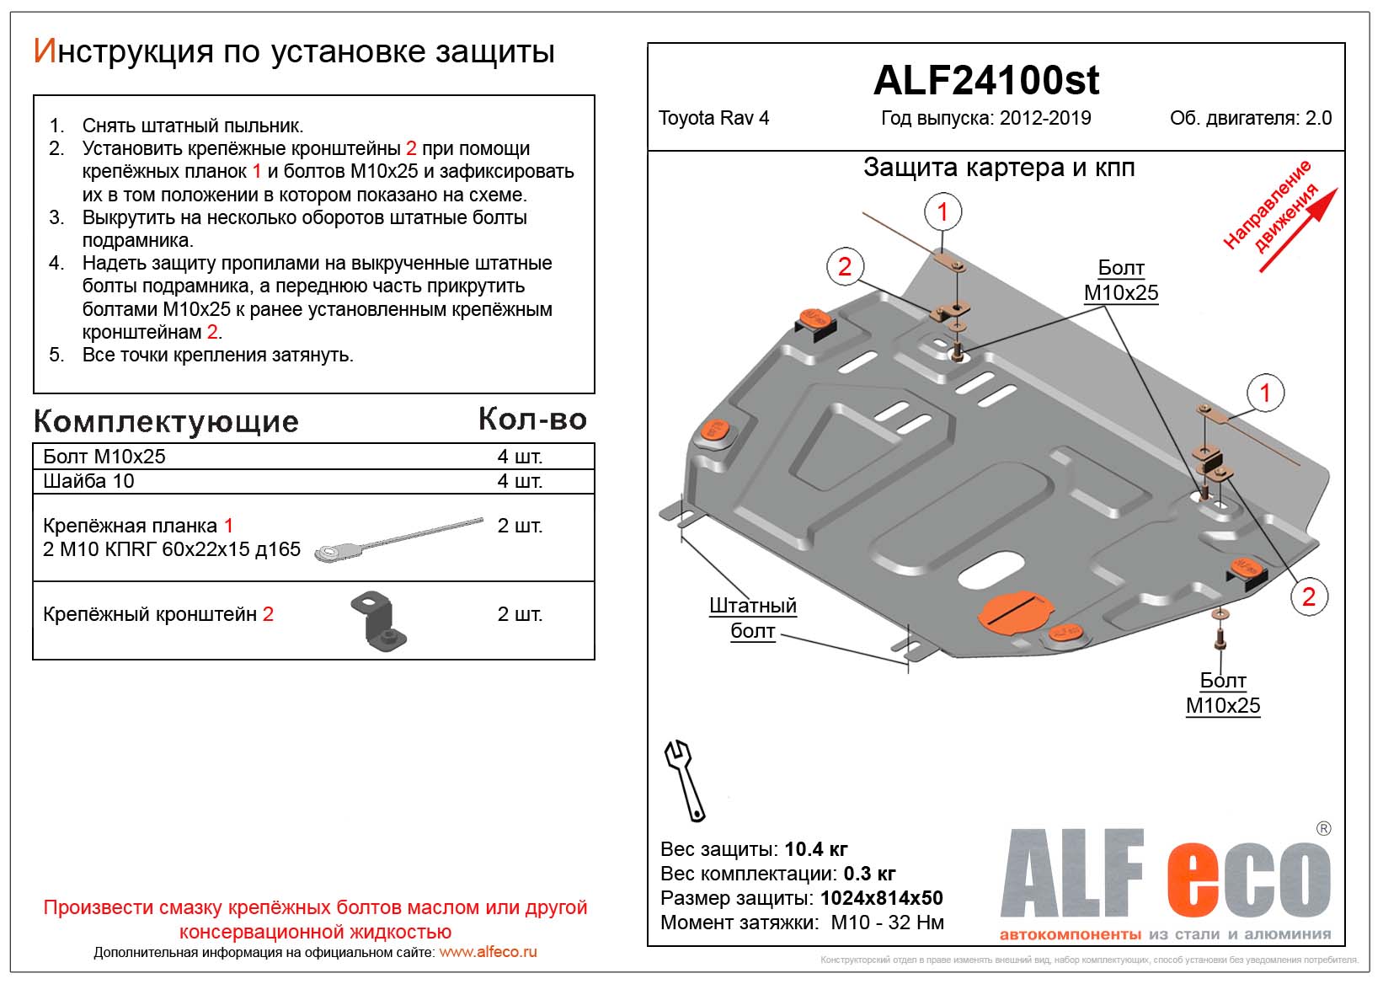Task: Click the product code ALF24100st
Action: pyautogui.click(x=985, y=81)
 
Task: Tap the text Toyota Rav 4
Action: pyautogui.click(x=713, y=118)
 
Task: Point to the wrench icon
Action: pyautogui.click(x=686, y=779)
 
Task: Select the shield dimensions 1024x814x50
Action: pyautogui.click(x=881, y=898)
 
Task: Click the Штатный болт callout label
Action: pyautogui.click(x=752, y=618)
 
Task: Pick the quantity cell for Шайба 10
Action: pyautogui.click(x=520, y=481)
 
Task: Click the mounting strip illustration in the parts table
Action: pyautogui.click(x=398, y=539)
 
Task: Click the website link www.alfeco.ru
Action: pyautogui.click(x=488, y=952)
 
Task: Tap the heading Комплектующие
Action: pyautogui.click(x=166, y=421)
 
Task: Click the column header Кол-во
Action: pyautogui.click(x=532, y=420)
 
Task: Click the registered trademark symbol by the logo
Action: pyautogui.click(x=1323, y=829)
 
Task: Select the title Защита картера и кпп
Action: pyautogui.click(x=999, y=168)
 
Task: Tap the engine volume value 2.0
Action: pyautogui.click(x=1318, y=118)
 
